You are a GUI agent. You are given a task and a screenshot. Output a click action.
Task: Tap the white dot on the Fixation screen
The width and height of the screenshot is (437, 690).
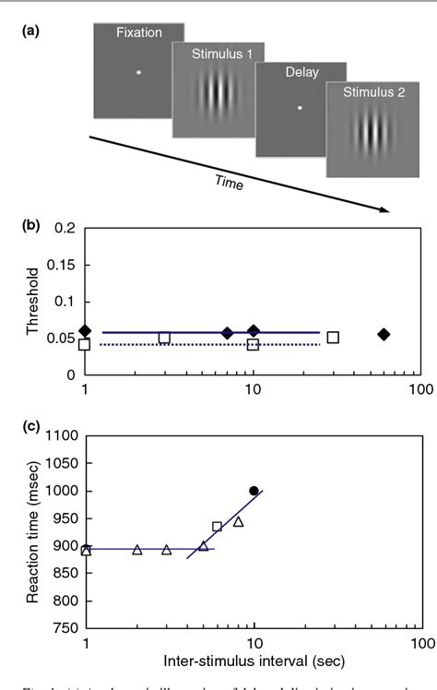coord(138,72)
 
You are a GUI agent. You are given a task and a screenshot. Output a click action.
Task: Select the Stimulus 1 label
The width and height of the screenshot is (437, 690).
coord(211,56)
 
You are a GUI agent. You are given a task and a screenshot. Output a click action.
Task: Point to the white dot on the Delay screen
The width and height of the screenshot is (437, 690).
coord(300,108)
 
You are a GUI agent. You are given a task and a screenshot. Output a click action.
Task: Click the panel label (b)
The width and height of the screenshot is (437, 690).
coord(24,222)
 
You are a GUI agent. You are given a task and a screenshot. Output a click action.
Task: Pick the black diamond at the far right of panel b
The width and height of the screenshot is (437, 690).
coord(384,334)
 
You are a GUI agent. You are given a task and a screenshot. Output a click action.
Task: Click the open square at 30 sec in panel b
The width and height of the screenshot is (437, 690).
coord(333,338)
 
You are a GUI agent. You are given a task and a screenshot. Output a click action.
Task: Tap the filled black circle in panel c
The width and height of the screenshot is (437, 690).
coord(254,491)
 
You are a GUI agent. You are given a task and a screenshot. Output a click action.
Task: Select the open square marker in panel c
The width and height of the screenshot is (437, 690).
coord(217,527)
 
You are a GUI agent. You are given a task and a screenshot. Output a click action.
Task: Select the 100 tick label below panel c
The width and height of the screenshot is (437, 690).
coord(419,643)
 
